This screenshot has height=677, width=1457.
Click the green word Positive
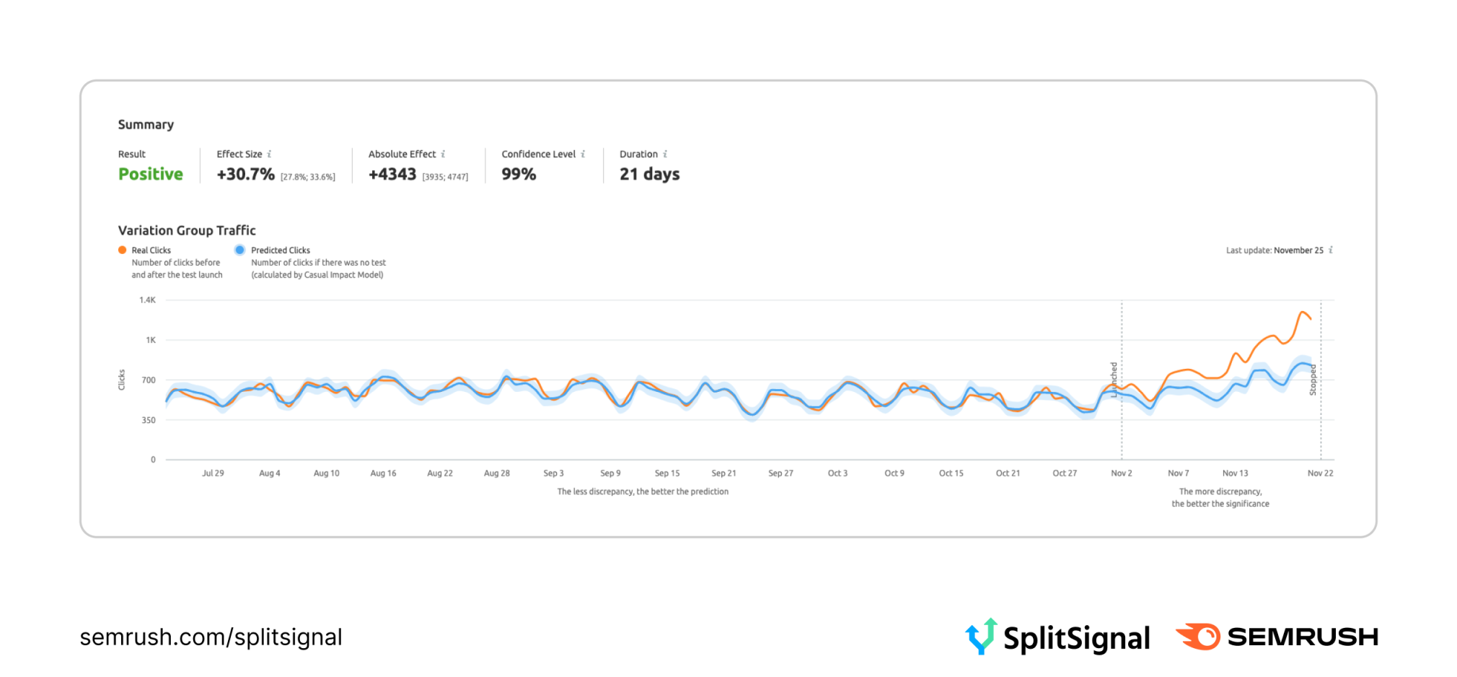[151, 174]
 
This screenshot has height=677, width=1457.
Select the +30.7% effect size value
[245, 174]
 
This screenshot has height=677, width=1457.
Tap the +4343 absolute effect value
[392, 174]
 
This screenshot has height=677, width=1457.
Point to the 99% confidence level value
[519, 174]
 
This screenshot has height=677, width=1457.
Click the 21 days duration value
[649, 174]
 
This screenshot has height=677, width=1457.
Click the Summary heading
[146, 125]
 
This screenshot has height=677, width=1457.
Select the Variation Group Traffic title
[187, 230]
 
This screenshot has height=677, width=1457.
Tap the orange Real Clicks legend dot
[122, 250]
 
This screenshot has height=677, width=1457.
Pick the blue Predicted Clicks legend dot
[239, 250]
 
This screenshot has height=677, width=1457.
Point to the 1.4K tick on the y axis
[147, 300]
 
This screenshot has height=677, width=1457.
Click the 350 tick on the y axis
[149, 420]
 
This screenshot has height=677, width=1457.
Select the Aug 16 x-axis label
[383, 473]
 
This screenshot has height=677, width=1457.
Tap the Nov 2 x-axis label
[1121, 473]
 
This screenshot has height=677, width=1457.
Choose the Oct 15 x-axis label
[951, 473]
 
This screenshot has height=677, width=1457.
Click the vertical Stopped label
[1313, 380]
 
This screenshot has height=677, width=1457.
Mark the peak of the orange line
[1303, 312]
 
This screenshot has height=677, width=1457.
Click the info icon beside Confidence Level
[583, 154]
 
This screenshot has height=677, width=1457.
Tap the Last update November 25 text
[1275, 250]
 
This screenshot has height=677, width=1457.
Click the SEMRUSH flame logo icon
[1199, 637]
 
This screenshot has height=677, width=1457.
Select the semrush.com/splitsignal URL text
[211, 637]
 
